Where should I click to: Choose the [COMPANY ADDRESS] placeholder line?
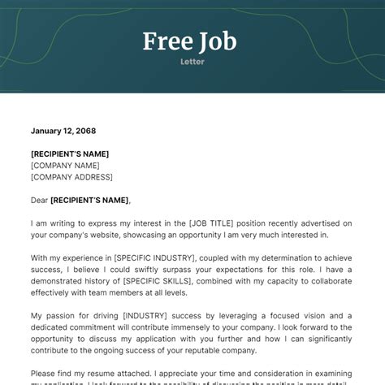click(71, 176)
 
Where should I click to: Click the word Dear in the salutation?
click(39, 200)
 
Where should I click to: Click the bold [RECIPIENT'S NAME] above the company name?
click(70, 154)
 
